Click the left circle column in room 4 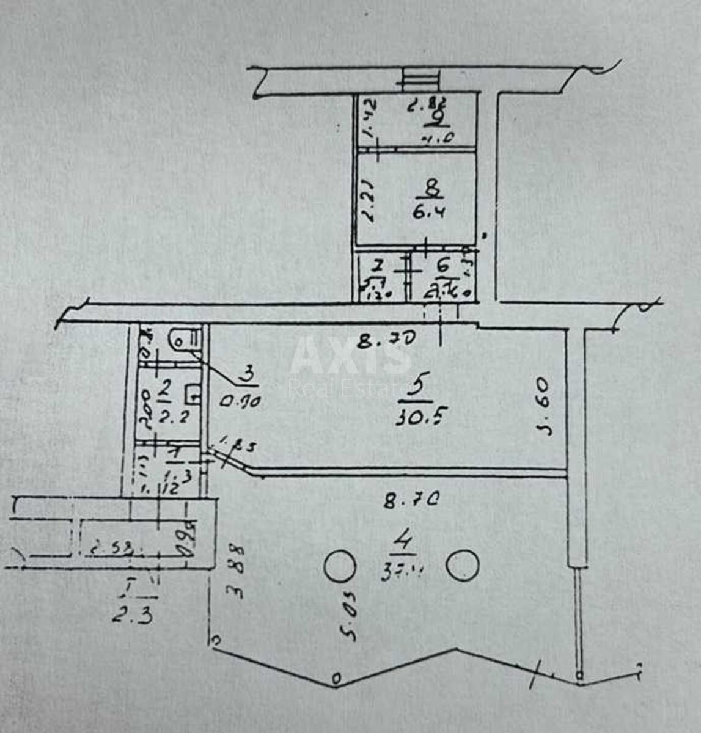coord(339,566)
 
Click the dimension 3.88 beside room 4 coord(235,571)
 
